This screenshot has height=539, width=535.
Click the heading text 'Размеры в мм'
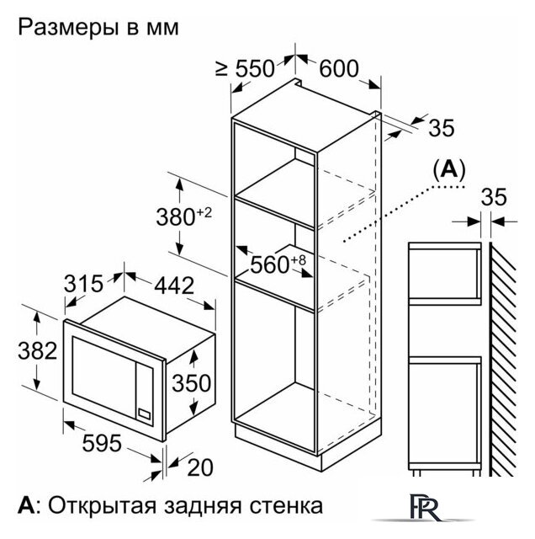pos(98,28)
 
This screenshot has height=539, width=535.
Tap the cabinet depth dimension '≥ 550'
pos(245,68)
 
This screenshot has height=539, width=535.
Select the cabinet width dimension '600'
pos(339,68)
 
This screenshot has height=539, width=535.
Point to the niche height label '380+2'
pos(183,216)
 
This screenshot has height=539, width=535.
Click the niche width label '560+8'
pos(278,264)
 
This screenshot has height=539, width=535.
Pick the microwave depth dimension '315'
pos(83,284)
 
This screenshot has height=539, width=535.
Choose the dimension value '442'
pos(174,286)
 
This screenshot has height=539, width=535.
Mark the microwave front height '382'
pos(37,350)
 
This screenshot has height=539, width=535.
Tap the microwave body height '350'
pos(191,382)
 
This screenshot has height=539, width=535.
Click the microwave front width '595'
pos(102,443)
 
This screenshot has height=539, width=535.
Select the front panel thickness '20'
pos(200,467)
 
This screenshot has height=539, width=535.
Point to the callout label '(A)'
pos(449,169)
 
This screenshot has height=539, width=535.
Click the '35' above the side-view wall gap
pos(494,197)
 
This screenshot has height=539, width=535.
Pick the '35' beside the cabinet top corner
pos(442,128)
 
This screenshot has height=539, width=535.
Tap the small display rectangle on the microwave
pos(145,414)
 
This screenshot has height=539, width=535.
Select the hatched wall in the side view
pos(502,360)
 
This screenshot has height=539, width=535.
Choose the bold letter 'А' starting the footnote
pos(26,505)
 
